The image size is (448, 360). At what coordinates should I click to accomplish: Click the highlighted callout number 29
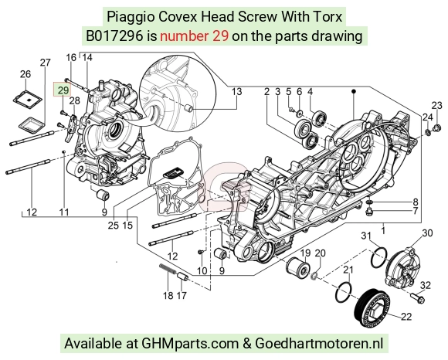click(x=63, y=90)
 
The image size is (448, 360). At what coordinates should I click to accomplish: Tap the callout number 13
click(x=236, y=92)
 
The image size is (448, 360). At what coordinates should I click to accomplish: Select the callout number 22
click(x=406, y=317)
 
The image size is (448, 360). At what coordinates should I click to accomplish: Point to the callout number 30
click(x=427, y=233)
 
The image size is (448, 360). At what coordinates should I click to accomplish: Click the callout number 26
click(x=25, y=74)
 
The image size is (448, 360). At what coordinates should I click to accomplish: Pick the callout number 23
click(x=436, y=106)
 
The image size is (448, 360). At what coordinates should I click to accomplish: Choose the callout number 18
click(x=168, y=295)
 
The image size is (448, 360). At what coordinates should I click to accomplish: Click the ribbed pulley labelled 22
click(x=372, y=308)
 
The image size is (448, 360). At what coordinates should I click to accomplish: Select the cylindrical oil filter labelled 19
click(x=297, y=268)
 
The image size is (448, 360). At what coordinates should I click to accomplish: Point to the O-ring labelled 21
click(x=344, y=292)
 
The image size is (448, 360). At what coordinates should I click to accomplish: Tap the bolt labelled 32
click(x=418, y=297)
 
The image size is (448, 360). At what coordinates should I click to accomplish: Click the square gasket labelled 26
click(x=28, y=100)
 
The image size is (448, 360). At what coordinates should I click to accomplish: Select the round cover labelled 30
click(x=400, y=268)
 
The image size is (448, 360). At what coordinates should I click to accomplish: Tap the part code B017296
click(x=114, y=36)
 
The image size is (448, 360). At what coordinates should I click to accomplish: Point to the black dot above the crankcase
click(x=354, y=91)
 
